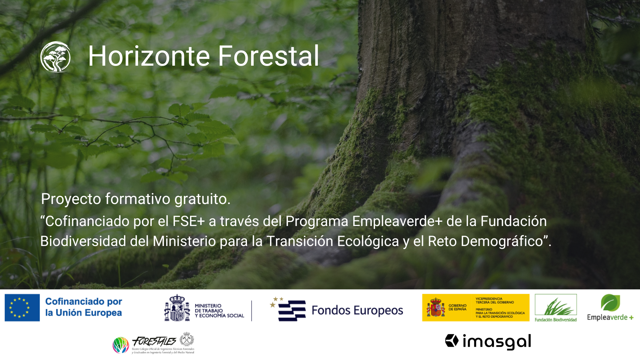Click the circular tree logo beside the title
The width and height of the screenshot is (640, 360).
pyautogui.click(x=55, y=56)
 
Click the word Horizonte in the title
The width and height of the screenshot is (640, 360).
pyautogui.click(x=149, y=56)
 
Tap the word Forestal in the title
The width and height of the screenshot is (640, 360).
pyautogui.click(x=268, y=56)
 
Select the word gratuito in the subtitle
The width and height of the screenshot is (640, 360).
pyautogui.click(x=202, y=199)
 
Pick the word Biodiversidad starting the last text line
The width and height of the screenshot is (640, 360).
pyautogui.click(x=83, y=241)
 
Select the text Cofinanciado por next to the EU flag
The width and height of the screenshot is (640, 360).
pyautogui.click(x=84, y=301)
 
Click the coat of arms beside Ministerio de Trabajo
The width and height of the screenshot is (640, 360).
pyautogui.click(x=177, y=308)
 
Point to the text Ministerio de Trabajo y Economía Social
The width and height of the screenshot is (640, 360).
pyautogui.click(x=219, y=311)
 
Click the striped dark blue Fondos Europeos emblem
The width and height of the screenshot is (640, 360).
pyautogui.click(x=291, y=310)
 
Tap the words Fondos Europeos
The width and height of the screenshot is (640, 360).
pyautogui.click(x=357, y=310)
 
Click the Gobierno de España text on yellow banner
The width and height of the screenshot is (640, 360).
pyautogui.click(x=457, y=307)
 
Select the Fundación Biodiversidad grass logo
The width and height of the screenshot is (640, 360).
pyautogui.click(x=556, y=306)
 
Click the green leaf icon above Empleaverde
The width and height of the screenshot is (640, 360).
pyautogui.click(x=610, y=302)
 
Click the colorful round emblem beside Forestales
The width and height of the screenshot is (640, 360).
pyautogui.click(x=121, y=345)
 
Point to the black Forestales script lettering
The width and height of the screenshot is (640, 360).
pyautogui.click(x=154, y=341)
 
